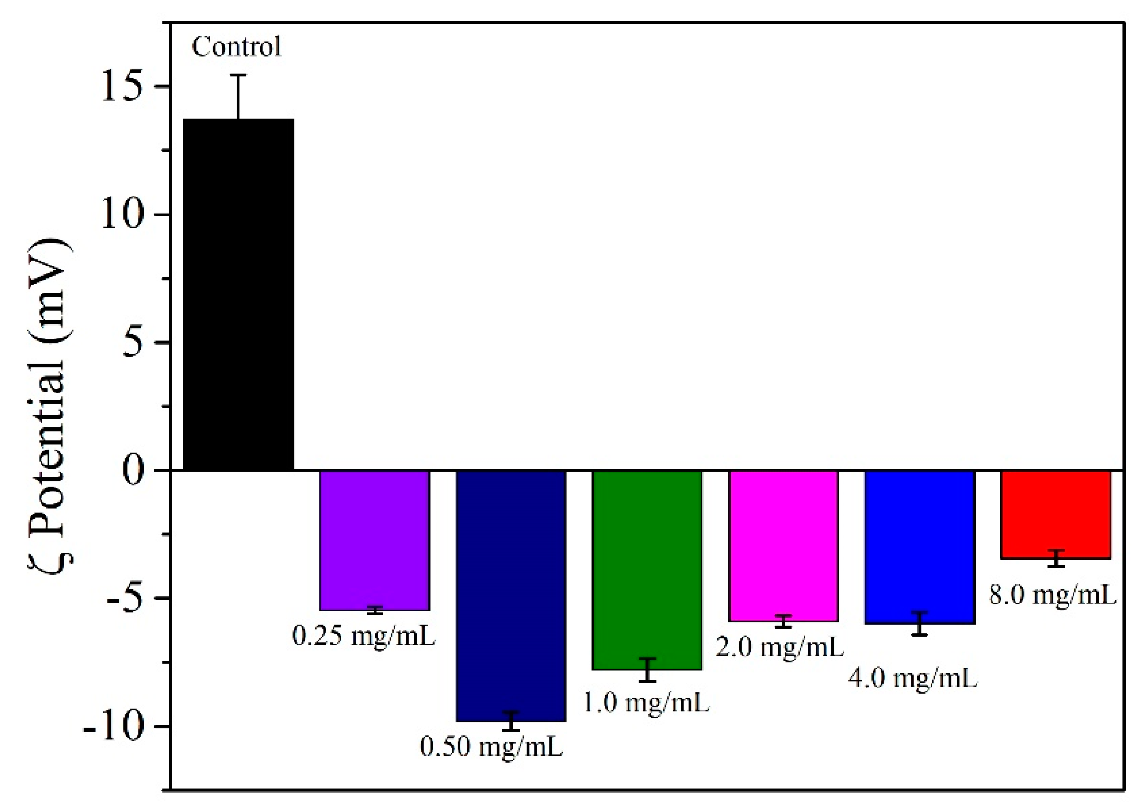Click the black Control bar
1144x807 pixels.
238,294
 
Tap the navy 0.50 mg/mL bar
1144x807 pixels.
511,595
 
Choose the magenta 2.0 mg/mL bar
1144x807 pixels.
783,545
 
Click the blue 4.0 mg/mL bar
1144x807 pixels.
920,546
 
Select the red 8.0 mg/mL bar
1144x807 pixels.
1056,514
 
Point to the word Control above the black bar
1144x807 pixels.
236,47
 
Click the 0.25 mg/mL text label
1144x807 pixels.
364,636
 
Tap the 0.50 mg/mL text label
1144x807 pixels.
491,747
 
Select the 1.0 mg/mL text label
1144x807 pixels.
646,703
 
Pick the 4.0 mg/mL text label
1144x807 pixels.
913,678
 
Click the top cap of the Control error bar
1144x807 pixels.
238,75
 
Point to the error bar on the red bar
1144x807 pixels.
1056,558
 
